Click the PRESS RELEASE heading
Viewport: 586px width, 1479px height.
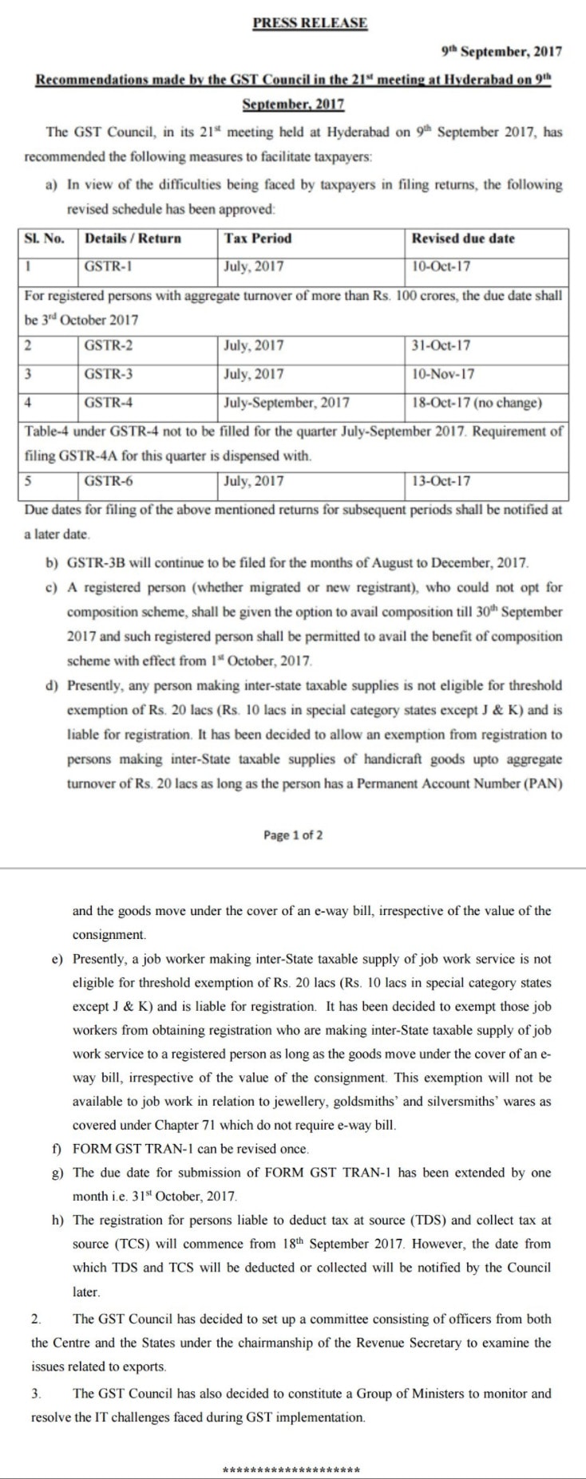(x=310, y=23)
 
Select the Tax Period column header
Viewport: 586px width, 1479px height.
(x=258, y=239)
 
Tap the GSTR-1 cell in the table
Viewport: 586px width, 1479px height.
(x=104, y=266)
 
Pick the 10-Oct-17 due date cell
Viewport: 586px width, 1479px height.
(x=441, y=266)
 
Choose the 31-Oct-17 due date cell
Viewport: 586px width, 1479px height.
(x=441, y=345)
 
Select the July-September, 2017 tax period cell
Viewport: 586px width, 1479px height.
(x=287, y=402)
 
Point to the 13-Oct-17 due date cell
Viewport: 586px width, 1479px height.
(x=441, y=481)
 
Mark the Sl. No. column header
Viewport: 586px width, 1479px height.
(x=45, y=239)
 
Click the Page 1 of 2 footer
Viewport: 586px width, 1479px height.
(x=293, y=835)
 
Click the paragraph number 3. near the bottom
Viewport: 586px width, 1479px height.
(x=36, y=1394)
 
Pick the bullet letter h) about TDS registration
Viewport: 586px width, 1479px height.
(x=56, y=1221)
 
